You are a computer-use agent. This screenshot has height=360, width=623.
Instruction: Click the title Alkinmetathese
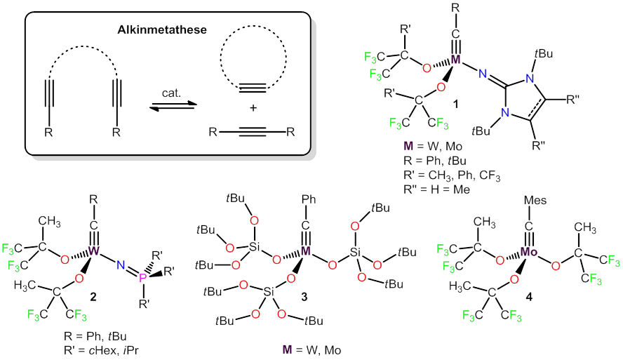161,29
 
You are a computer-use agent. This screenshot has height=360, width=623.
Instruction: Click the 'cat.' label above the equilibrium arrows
171,93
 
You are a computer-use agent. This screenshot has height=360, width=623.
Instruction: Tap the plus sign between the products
253,107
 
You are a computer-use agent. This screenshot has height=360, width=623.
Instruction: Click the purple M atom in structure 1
456,60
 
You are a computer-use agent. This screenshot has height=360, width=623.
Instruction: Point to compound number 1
455,104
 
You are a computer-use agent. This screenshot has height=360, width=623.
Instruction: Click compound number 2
93,297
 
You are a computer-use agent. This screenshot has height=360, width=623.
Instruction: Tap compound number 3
304,297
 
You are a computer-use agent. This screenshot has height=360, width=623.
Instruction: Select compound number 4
529,297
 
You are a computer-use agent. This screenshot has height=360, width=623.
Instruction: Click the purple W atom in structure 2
94,251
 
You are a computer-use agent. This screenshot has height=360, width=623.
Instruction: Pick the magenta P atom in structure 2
142,279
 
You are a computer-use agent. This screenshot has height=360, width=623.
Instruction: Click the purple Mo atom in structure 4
528,251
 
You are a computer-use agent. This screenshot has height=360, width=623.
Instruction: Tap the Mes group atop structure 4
535,200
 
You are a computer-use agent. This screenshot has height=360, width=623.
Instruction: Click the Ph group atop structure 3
308,199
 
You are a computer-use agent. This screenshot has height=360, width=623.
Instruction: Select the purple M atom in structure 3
306,251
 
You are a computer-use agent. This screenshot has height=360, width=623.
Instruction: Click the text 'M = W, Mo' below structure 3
311,349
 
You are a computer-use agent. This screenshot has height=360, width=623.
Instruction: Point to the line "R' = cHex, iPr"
101,350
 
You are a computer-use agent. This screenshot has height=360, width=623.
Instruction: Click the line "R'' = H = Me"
436,189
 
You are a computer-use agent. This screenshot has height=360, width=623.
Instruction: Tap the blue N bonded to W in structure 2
121,265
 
